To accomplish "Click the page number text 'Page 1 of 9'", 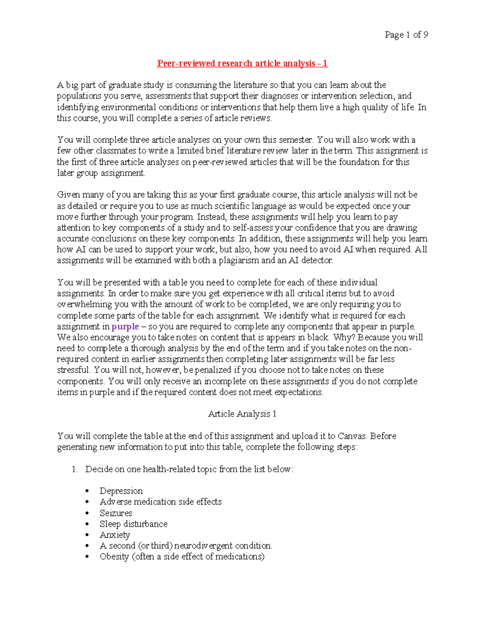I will (406, 35).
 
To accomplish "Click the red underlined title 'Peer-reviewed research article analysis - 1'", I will (242, 63).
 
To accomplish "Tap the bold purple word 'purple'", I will (125, 327).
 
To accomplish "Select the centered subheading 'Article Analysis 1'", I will (242, 414).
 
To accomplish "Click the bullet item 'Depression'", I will (121, 491).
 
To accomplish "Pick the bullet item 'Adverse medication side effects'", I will (160, 502).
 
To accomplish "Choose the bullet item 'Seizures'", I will (116, 513).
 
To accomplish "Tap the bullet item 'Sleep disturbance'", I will (133, 524).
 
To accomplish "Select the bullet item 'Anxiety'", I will (115, 535).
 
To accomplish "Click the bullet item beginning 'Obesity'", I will (182, 557).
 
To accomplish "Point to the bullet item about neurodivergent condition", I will (186, 546).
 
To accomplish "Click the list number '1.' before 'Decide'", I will (74, 469).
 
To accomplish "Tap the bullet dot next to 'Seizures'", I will (87, 514).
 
